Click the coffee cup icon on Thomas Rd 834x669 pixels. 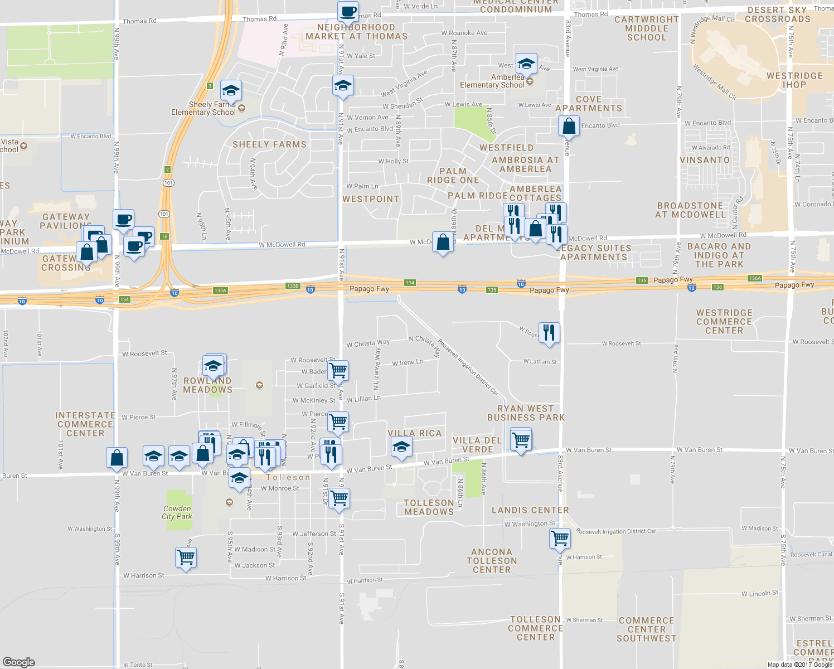[348, 11]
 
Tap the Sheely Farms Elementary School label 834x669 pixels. [203, 109]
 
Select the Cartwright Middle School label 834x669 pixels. [647, 28]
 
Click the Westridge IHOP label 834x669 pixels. [794, 80]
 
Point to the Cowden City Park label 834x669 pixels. [177, 512]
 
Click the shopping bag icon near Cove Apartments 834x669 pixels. [569, 126]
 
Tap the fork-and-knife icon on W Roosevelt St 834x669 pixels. [549, 332]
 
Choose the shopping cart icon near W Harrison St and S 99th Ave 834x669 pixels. [186, 556]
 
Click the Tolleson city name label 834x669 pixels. [288, 478]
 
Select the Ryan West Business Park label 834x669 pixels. [526, 413]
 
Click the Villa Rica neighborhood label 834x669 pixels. [415, 433]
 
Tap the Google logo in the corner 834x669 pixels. [19, 662]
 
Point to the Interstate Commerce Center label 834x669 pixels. [85, 424]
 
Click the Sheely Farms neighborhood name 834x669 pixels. [269, 144]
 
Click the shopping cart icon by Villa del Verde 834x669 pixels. [521, 439]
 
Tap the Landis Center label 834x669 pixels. [530, 510]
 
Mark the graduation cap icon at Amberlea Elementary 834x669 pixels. [526, 64]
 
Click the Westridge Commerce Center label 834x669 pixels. [724, 322]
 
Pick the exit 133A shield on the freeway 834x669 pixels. [220, 290]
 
